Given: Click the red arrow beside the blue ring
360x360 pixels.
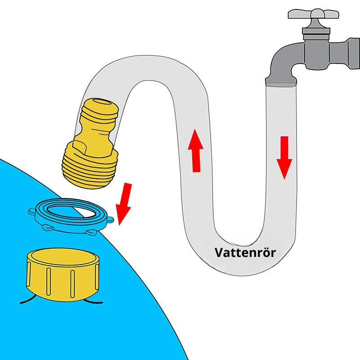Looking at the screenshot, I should [x=124, y=202].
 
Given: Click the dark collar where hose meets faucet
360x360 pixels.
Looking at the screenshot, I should [x=281, y=82].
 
